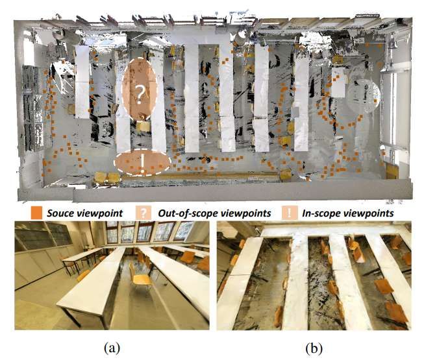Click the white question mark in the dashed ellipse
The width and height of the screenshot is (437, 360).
140,94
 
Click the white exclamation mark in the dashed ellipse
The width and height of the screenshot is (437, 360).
142,164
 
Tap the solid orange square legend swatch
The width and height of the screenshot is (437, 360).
36,213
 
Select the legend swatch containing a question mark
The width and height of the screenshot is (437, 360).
144,213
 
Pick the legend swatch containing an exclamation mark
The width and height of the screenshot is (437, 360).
290,213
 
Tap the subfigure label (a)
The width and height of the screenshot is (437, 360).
112,348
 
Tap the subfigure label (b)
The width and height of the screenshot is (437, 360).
314,348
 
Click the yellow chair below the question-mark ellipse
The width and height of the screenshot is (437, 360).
144,126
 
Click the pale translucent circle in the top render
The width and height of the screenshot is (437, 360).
364,95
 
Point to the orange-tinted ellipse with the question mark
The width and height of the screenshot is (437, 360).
140,89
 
